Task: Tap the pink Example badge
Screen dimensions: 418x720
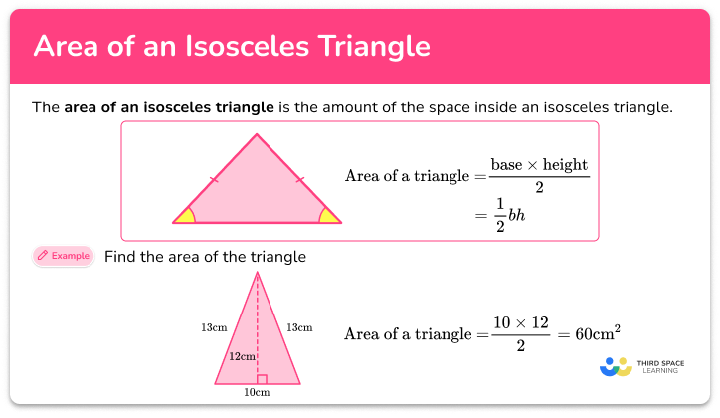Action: coord(63,256)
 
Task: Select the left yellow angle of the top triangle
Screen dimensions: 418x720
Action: coord(185,215)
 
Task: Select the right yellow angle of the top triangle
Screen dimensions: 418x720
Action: coord(327,215)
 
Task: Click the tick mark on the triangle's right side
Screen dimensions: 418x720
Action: coord(299,180)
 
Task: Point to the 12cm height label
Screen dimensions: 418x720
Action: coord(243,356)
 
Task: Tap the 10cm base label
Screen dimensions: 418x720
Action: coord(257,393)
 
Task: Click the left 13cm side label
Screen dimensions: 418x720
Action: coord(212,326)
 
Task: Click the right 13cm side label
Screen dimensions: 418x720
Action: coord(299,326)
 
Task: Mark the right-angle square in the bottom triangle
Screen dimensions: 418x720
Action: coord(262,379)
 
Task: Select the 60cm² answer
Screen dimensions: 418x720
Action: coord(602,333)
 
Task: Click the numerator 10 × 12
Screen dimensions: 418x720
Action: coord(520,322)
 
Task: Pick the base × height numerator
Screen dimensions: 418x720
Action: coord(539,164)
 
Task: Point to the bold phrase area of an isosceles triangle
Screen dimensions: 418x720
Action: coord(168,106)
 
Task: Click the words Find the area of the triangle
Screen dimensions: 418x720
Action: coord(205,257)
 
